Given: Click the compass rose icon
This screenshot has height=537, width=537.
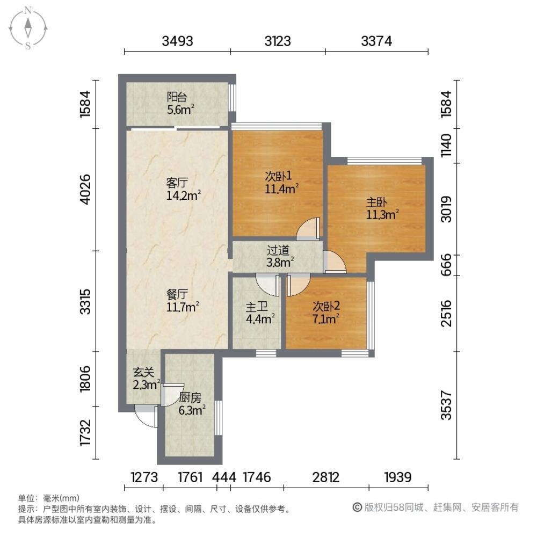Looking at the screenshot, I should click(x=28, y=27).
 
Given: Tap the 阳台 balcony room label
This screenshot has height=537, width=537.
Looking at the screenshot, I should click(x=177, y=97).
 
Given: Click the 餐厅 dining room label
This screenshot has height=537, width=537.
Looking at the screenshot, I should click(x=177, y=294).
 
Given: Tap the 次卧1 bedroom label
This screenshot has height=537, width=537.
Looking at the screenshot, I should click(x=278, y=176).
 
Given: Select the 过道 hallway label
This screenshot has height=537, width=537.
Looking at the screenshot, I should click(x=279, y=250).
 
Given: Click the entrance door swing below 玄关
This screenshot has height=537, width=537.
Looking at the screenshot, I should click(x=146, y=417).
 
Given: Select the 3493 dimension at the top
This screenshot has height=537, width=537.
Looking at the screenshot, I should click(x=178, y=40).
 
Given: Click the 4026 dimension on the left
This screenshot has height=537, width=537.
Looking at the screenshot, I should click(x=84, y=189).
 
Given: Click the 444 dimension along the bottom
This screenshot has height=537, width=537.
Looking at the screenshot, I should click(x=223, y=477).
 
